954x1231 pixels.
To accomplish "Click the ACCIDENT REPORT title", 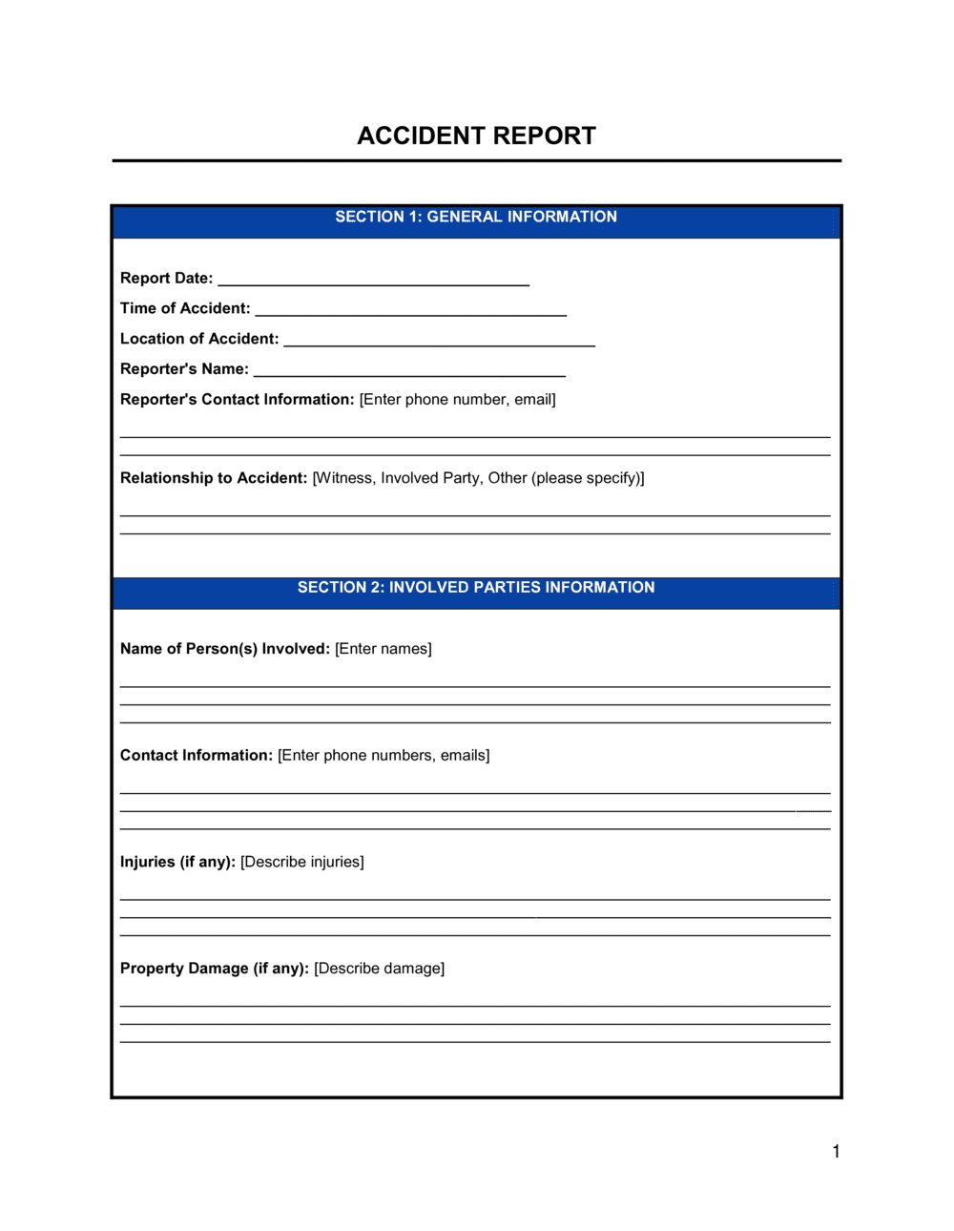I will pyautogui.click(x=476, y=136).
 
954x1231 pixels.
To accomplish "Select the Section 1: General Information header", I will pyautogui.click(x=476, y=217).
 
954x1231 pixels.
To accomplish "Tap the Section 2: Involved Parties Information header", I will pyautogui.click(x=476, y=587).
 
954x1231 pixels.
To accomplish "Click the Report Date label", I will pyautogui.click(x=166, y=278).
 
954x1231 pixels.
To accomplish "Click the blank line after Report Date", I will pyautogui.click(x=373, y=282).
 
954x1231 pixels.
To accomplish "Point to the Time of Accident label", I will pyautogui.click(x=185, y=308).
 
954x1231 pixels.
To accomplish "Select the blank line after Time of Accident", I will pyautogui.click(x=411, y=313).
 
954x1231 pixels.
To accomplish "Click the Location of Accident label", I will pyautogui.click(x=199, y=339).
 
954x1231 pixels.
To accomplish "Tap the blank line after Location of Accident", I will pyautogui.click(x=440, y=344).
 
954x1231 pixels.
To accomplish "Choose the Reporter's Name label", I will pyautogui.click(x=184, y=369).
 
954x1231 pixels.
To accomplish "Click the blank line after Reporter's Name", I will pyautogui.click(x=409, y=374).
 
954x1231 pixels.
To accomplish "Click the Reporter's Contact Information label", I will pyautogui.click(x=237, y=399).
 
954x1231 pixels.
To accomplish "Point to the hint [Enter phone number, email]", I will pyautogui.click(x=457, y=399).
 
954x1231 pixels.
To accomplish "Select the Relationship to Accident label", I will pyautogui.click(x=214, y=477).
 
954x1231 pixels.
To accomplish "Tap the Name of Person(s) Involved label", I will pyautogui.click(x=225, y=648).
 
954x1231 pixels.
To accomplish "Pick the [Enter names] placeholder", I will pyautogui.click(x=384, y=648).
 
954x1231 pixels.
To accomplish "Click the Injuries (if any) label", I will pyautogui.click(x=177, y=861).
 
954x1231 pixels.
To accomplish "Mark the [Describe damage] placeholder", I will pyautogui.click(x=379, y=968).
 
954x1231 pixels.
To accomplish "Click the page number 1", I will pyautogui.click(x=836, y=1151).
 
